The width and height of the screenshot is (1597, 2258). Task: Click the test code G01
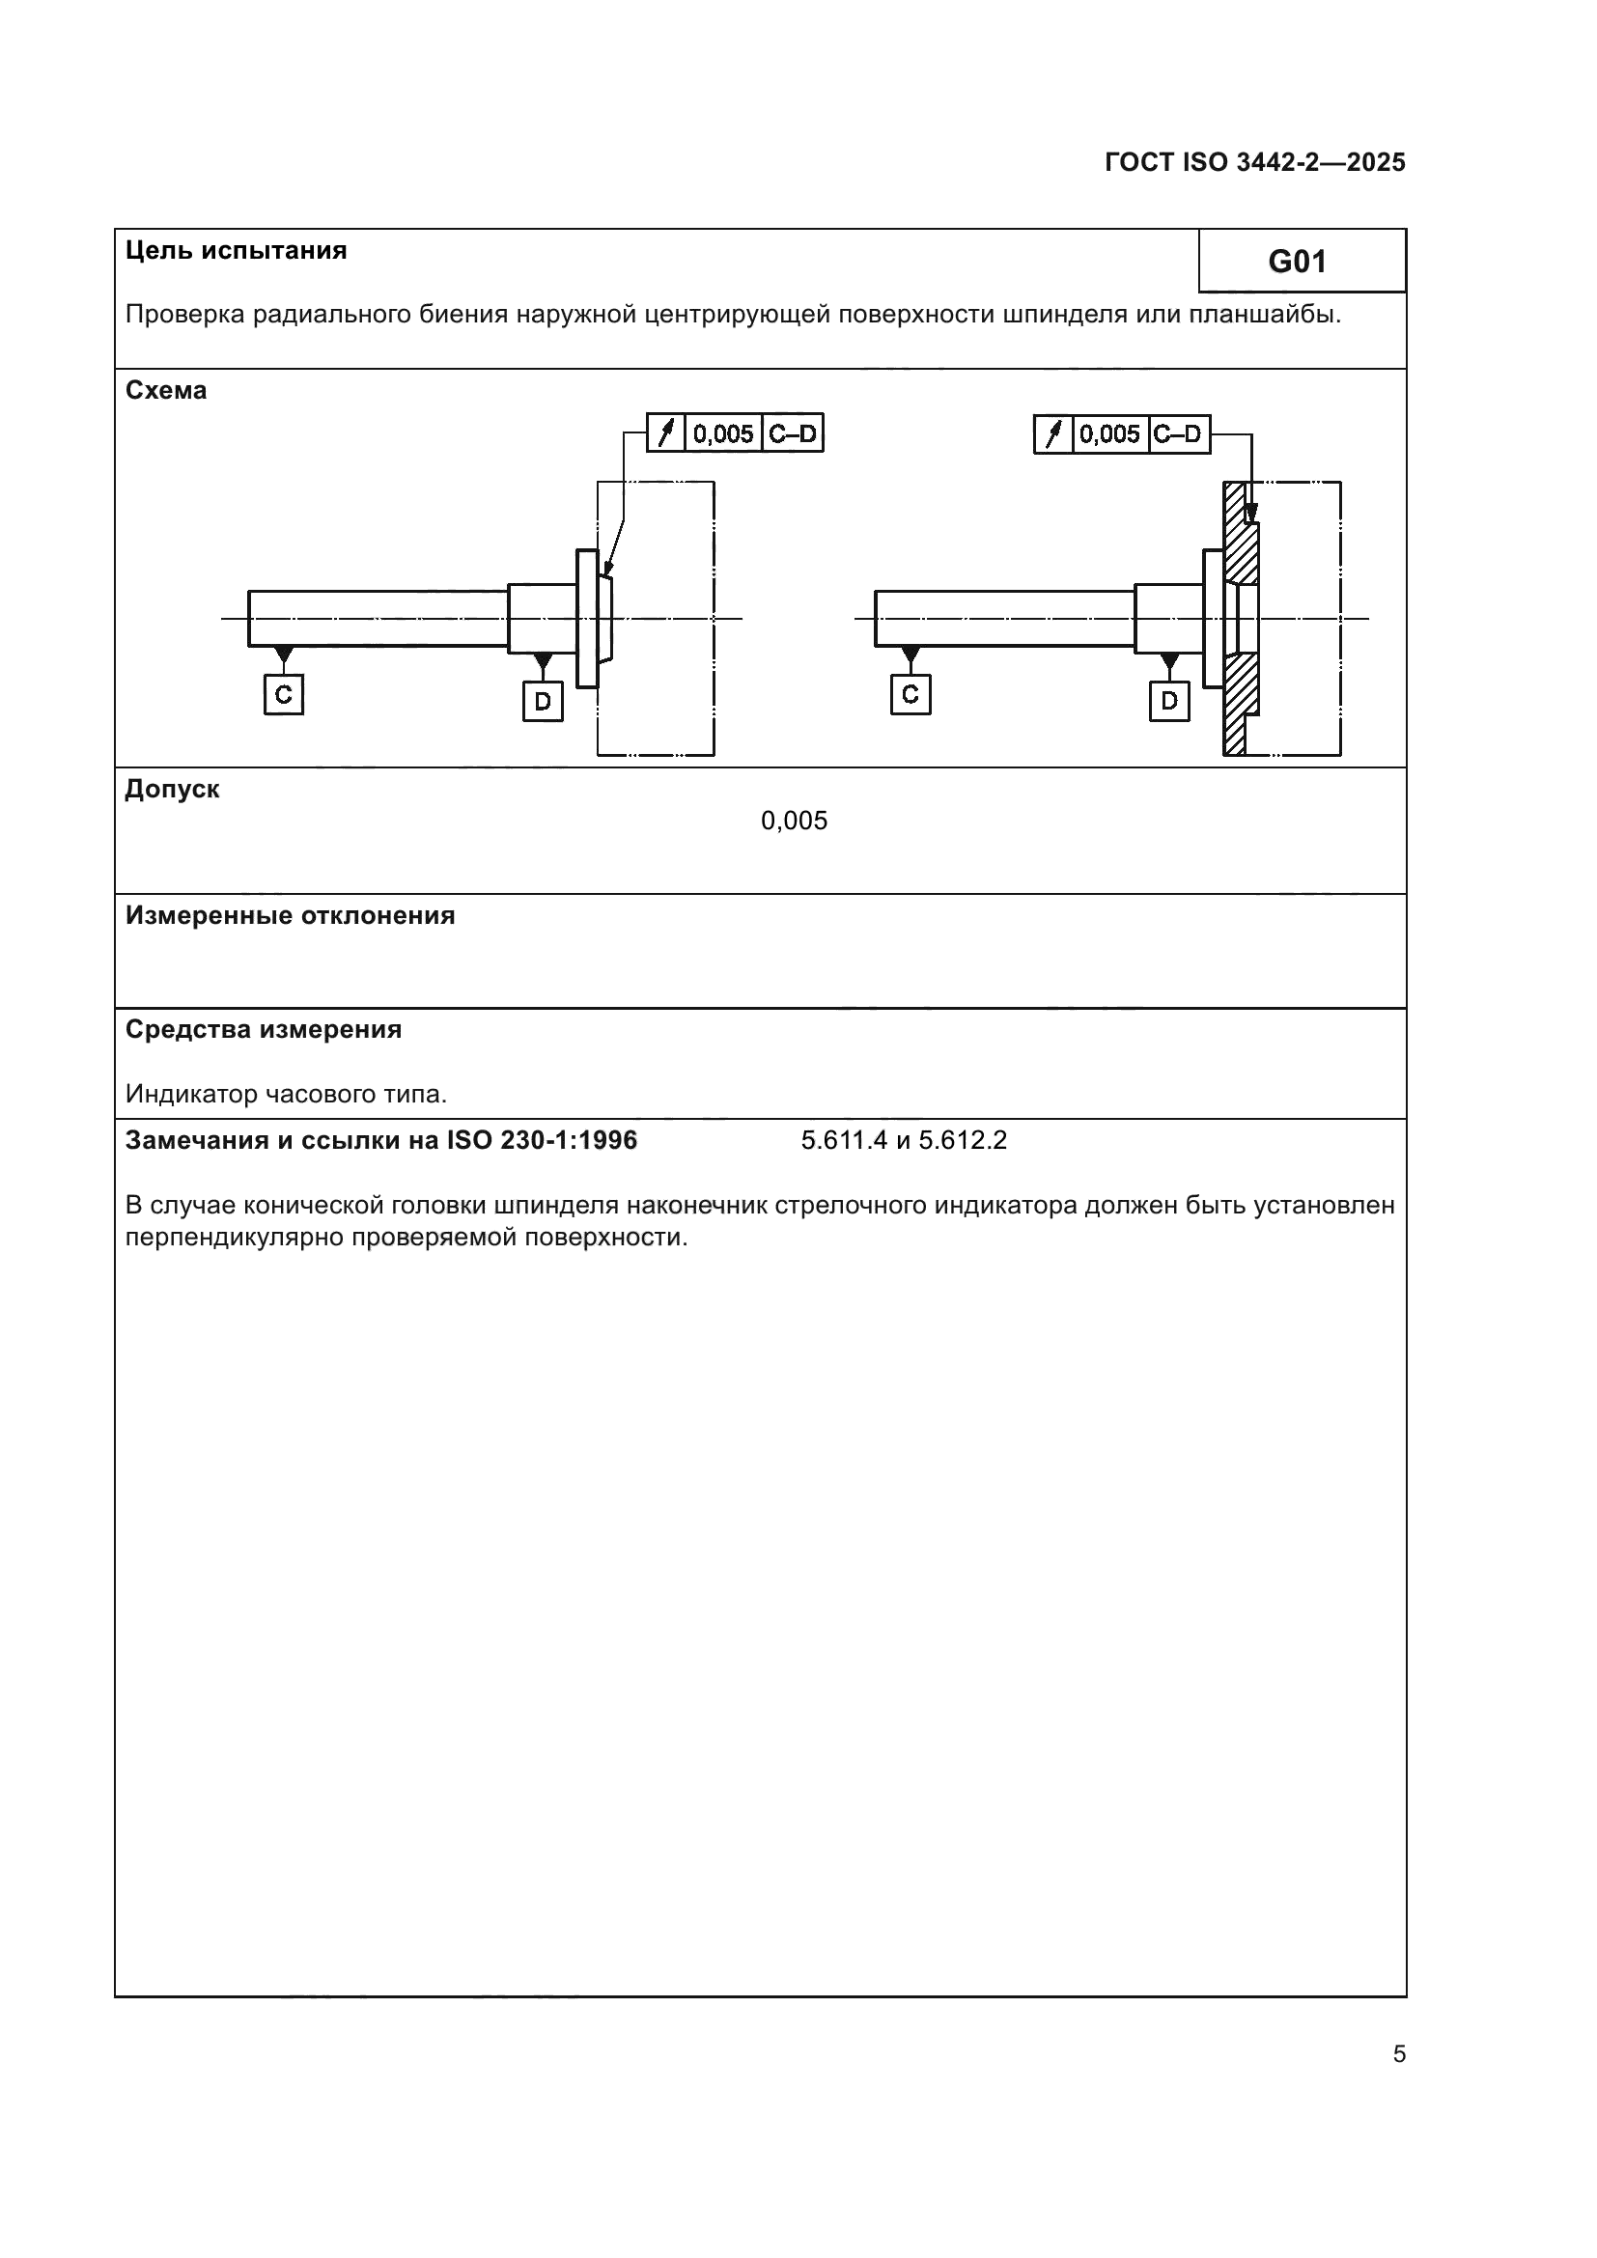pyautogui.click(x=1297, y=262)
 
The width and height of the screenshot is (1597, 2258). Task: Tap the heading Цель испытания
pyautogui.click(x=236, y=250)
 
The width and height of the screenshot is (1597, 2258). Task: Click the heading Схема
pyautogui.click(x=166, y=390)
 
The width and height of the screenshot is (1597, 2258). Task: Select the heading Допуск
pyautogui.click(x=172, y=789)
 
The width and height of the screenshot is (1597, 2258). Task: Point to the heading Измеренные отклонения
pyautogui.click(x=290, y=915)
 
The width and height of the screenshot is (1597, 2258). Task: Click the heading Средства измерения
pyautogui.click(x=264, y=1030)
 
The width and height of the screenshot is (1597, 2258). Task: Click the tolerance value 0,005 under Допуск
pyautogui.click(x=794, y=821)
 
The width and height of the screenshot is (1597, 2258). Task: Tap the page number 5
pyautogui.click(x=1398, y=2054)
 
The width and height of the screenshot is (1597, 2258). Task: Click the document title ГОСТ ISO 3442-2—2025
pyautogui.click(x=1255, y=162)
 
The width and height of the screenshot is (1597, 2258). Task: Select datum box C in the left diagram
pyautogui.click(x=283, y=694)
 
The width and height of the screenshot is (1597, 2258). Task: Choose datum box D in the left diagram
pyautogui.click(x=543, y=701)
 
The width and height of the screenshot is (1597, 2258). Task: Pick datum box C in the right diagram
pyautogui.click(x=910, y=694)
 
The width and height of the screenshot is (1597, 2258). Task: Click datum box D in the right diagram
pyautogui.click(x=1169, y=701)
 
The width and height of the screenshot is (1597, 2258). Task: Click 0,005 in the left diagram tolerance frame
pyautogui.click(x=723, y=433)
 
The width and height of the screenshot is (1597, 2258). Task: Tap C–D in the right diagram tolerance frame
pyautogui.click(x=1178, y=433)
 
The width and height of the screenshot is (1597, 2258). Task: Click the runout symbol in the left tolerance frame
pyautogui.click(x=666, y=433)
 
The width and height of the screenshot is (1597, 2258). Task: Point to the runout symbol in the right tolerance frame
pyautogui.click(x=1053, y=433)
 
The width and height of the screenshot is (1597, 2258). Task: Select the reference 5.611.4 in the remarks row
pyautogui.click(x=844, y=1141)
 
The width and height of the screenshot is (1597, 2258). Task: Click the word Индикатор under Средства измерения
pyautogui.click(x=182, y=1094)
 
